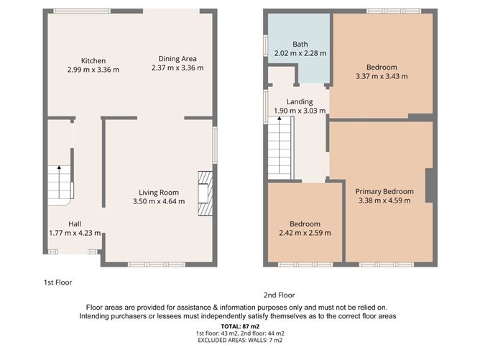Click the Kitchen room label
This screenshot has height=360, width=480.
click(x=93, y=60)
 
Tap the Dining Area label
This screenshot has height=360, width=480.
click(x=177, y=59)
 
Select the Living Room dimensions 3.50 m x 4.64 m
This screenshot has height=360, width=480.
click(x=159, y=201)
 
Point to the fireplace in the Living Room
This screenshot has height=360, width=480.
click(x=206, y=192)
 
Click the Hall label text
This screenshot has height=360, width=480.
click(x=75, y=223)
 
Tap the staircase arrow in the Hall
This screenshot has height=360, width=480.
click(x=59, y=169)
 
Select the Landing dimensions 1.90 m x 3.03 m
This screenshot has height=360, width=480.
click(x=300, y=111)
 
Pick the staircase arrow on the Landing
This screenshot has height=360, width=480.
click(x=280, y=121)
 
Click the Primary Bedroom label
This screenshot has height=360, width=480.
click(x=384, y=191)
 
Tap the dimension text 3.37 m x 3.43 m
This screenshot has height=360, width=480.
click(x=381, y=76)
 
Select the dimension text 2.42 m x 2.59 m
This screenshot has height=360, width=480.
click(x=305, y=233)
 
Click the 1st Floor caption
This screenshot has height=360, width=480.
click(x=57, y=282)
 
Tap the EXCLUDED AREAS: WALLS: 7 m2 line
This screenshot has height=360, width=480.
click(x=240, y=341)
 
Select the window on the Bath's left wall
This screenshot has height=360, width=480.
click(x=265, y=45)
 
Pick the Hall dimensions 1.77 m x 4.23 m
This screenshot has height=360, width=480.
click(x=75, y=233)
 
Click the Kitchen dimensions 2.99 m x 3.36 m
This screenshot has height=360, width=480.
click(x=93, y=70)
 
